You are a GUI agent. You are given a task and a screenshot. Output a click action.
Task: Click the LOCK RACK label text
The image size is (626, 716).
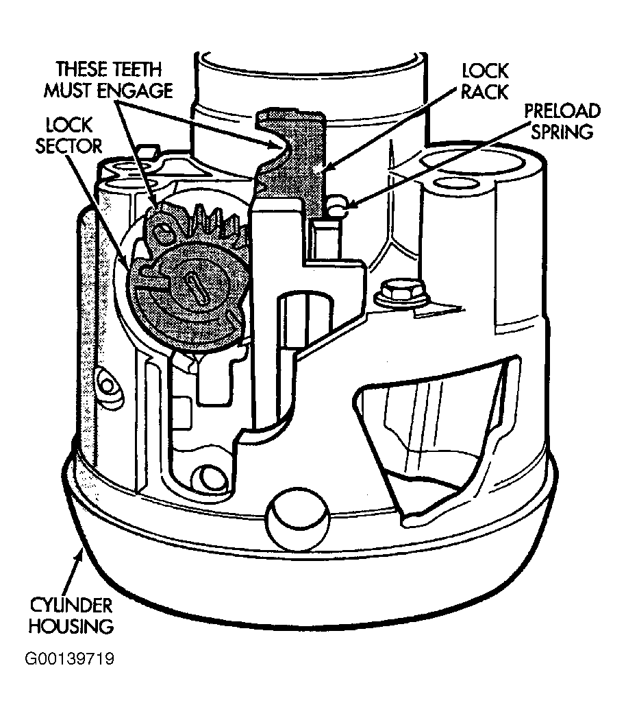point(484,82)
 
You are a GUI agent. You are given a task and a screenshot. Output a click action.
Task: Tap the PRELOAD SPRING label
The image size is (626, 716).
point(562,121)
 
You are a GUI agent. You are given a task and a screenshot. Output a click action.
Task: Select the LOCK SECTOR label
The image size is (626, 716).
point(69,136)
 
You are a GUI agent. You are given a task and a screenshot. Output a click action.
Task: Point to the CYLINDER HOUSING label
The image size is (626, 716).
point(71,616)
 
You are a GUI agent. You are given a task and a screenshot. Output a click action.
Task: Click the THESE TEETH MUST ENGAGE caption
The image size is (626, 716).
point(108,80)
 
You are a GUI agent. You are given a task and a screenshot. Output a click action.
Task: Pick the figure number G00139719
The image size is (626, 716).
point(69,659)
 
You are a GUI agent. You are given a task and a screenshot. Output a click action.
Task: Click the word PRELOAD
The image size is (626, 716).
point(562,111)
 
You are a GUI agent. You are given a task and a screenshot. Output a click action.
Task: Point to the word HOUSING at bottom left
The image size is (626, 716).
point(71,626)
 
